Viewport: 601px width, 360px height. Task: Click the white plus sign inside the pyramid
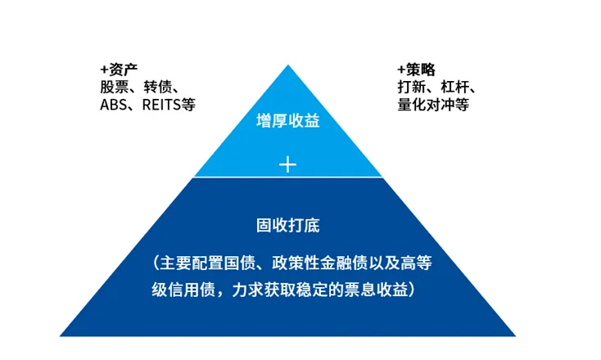pos(287,164)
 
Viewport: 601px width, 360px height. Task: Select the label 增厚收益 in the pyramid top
pos(287,122)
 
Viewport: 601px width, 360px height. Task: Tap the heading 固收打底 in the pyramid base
pos(287,223)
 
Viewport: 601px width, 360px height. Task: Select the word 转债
pos(157,88)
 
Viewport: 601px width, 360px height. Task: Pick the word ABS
pos(112,106)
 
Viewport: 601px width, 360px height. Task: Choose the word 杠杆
pos(456,88)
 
